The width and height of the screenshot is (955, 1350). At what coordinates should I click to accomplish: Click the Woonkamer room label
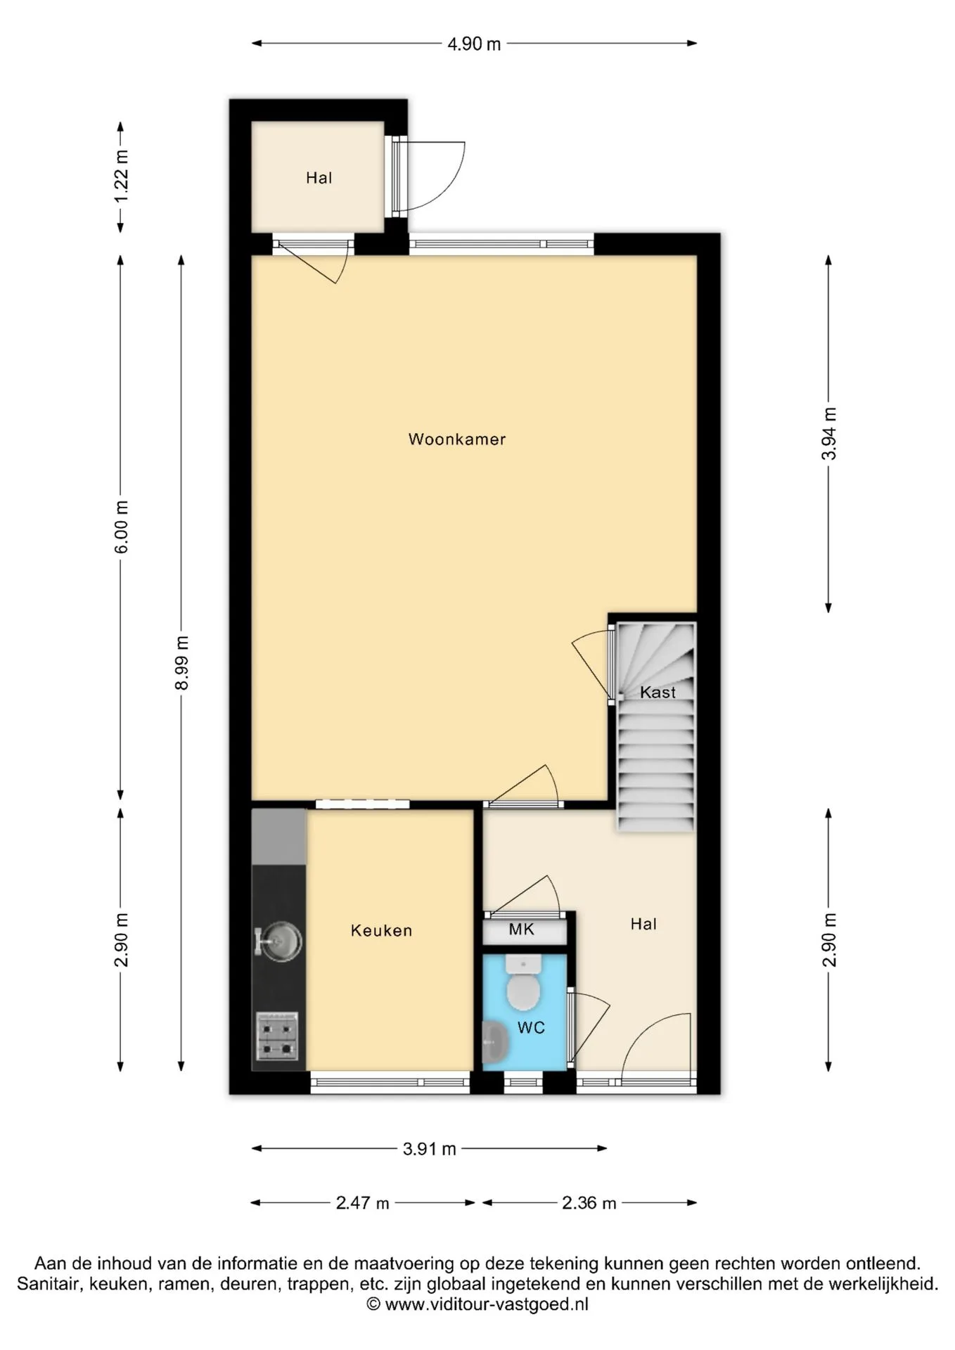tap(457, 439)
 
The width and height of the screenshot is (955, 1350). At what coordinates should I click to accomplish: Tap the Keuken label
tap(381, 931)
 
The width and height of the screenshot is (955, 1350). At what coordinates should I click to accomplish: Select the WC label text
tap(531, 1028)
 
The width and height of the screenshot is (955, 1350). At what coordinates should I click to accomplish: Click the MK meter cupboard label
tap(522, 930)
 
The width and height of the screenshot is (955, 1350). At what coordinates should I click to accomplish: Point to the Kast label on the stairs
tap(658, 693)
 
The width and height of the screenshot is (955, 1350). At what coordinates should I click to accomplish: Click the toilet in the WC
tap(523, 982)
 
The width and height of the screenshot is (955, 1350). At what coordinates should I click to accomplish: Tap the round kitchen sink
tap(279, 941)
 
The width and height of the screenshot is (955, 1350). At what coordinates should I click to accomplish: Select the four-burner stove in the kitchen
tap(277, 1036)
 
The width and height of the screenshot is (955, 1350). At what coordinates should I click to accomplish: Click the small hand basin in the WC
tap(495, 1042)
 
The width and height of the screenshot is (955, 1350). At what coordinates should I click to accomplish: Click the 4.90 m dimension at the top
tap(475, 44)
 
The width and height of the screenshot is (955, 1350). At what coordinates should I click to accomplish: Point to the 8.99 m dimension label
tap(182, 663)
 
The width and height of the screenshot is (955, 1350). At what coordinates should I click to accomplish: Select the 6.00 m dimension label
tap(122, 527)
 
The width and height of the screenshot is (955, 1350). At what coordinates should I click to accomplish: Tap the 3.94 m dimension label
tap(829, 434)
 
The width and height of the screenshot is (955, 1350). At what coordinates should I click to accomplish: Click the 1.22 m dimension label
tap(122, 176)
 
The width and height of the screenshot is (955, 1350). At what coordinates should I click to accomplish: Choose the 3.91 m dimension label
tap(430, 1149)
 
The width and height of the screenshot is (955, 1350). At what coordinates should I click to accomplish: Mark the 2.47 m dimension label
tap(362, 1203)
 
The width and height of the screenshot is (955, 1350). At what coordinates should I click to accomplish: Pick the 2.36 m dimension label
tap(589, 1203)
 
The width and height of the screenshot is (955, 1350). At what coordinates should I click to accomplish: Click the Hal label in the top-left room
tap(319, 178)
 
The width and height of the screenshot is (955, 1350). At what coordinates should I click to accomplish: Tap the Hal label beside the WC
tap(643, 924)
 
